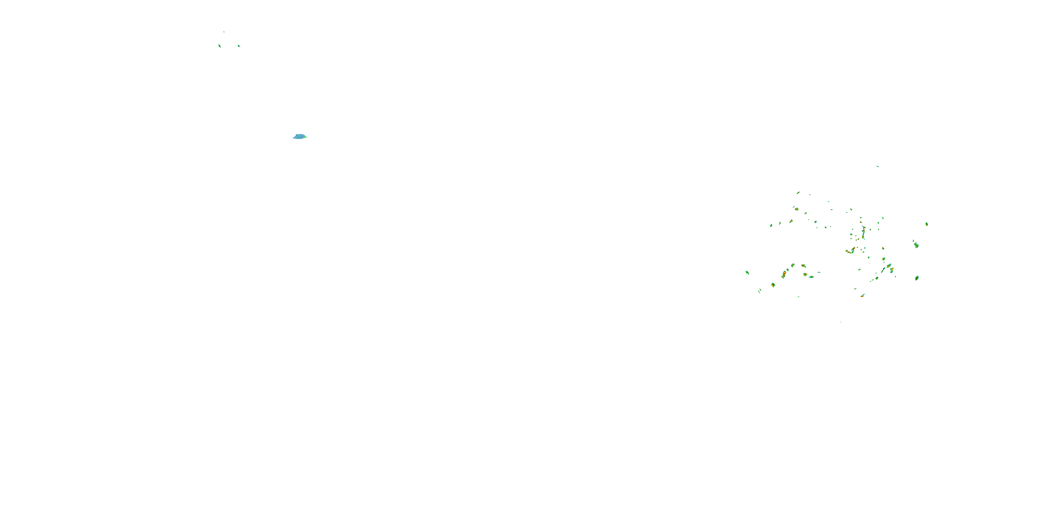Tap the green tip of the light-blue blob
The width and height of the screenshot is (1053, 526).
click(305, 136)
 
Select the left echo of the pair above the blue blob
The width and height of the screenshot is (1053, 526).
click(219, 46)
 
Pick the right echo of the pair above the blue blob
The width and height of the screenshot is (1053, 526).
click(239, 46)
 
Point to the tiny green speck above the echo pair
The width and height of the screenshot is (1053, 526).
click(224, 32)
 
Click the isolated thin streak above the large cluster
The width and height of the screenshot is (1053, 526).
click(877, 166)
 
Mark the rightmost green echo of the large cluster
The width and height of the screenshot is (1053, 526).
click(927, 224)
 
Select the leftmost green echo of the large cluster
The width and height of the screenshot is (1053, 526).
click(747, 272)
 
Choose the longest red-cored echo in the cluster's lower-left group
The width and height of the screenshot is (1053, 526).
click(784, 274)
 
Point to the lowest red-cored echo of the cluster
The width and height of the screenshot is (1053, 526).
click(862, 295)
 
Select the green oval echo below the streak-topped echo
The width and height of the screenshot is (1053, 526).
click(917, 278)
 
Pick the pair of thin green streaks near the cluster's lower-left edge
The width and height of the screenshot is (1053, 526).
click(760, 291)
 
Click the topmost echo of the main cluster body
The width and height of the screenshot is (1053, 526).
click(798, 193)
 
